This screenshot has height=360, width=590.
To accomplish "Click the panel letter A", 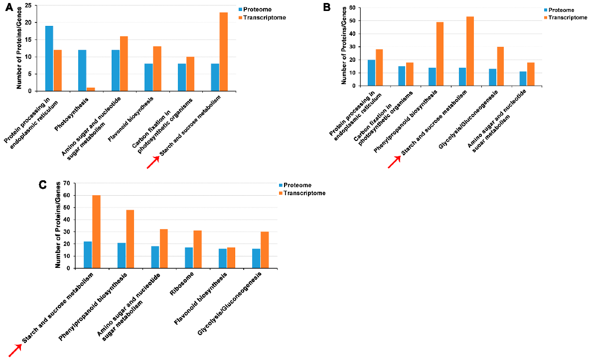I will tap(8, 8).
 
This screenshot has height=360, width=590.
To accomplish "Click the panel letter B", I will tap(327, 7).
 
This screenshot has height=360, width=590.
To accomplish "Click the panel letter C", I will tap(43, 185).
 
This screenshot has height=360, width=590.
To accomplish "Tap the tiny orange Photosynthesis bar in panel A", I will tap(91, 89).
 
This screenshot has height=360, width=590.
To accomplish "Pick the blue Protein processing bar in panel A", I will tap(49, 58).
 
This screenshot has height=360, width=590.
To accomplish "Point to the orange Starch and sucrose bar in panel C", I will tap(96, 232).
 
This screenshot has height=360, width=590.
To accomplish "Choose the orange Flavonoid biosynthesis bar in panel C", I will tap(231, 258).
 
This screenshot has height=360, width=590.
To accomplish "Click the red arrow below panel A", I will tap(153, 162).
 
